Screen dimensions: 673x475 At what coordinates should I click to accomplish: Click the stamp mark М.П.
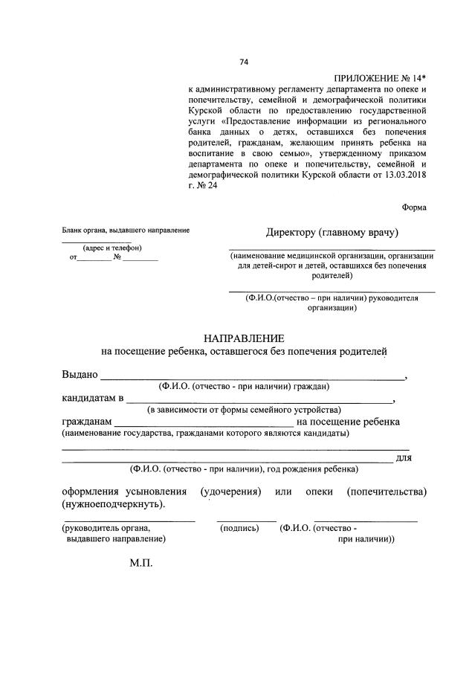[x=140, y=564]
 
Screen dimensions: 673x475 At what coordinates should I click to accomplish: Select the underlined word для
[x=404, y=457]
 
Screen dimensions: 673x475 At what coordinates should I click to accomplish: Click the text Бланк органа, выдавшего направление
[x=126, y=231]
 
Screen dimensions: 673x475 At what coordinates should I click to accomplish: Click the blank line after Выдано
[x=253, y=378]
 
